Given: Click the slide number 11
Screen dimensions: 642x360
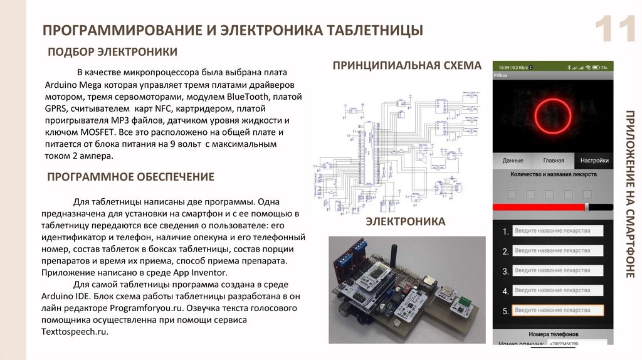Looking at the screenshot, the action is point(616,30).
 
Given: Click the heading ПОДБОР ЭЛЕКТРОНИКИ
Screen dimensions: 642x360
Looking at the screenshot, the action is point(113,51).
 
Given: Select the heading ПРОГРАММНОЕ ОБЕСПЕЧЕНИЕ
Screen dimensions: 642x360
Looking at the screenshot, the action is point(130,177).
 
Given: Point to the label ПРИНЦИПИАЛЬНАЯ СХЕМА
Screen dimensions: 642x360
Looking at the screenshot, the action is point(407,65).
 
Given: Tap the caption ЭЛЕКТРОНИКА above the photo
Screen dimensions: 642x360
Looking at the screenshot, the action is point(406,221).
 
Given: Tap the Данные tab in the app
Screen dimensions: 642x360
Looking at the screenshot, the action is point(513,161).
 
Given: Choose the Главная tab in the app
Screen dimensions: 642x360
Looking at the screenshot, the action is point(554,161).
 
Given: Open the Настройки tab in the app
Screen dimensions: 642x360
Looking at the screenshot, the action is point(594,161).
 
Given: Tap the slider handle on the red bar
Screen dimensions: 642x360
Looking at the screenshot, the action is point(587,207).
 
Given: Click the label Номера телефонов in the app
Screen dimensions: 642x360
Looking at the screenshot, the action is point(553,334).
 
